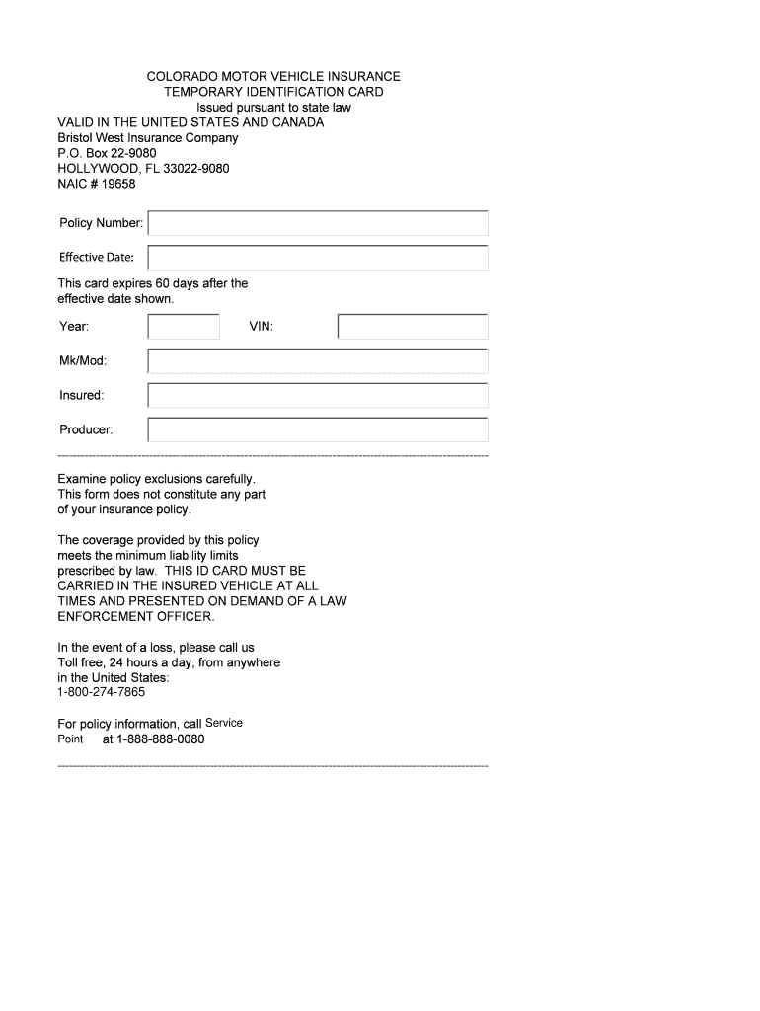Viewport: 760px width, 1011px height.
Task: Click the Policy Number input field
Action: click(x=318, y=223)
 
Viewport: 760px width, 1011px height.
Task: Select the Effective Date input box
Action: click(x=318, y=258)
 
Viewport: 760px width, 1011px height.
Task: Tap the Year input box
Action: click(x=184, y=327)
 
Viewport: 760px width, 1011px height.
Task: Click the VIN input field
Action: click(x=413, y=327)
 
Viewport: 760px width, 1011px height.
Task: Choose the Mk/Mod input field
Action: click(x=318, y=361)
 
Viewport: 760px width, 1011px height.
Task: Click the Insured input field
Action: click(x=318, y=396)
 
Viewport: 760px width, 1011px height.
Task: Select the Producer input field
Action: click(x=318, y=430)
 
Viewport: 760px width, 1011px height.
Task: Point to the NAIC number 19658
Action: click(x=118, y=184)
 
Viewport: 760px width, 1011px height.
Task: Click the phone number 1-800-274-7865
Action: click(x=102, y=692)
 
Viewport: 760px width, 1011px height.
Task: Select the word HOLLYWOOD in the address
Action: click(x=98, y=169)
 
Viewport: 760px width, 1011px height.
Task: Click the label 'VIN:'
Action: click(x=261, y=327)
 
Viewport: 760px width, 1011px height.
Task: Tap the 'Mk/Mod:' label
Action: click(x=82, y=361)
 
